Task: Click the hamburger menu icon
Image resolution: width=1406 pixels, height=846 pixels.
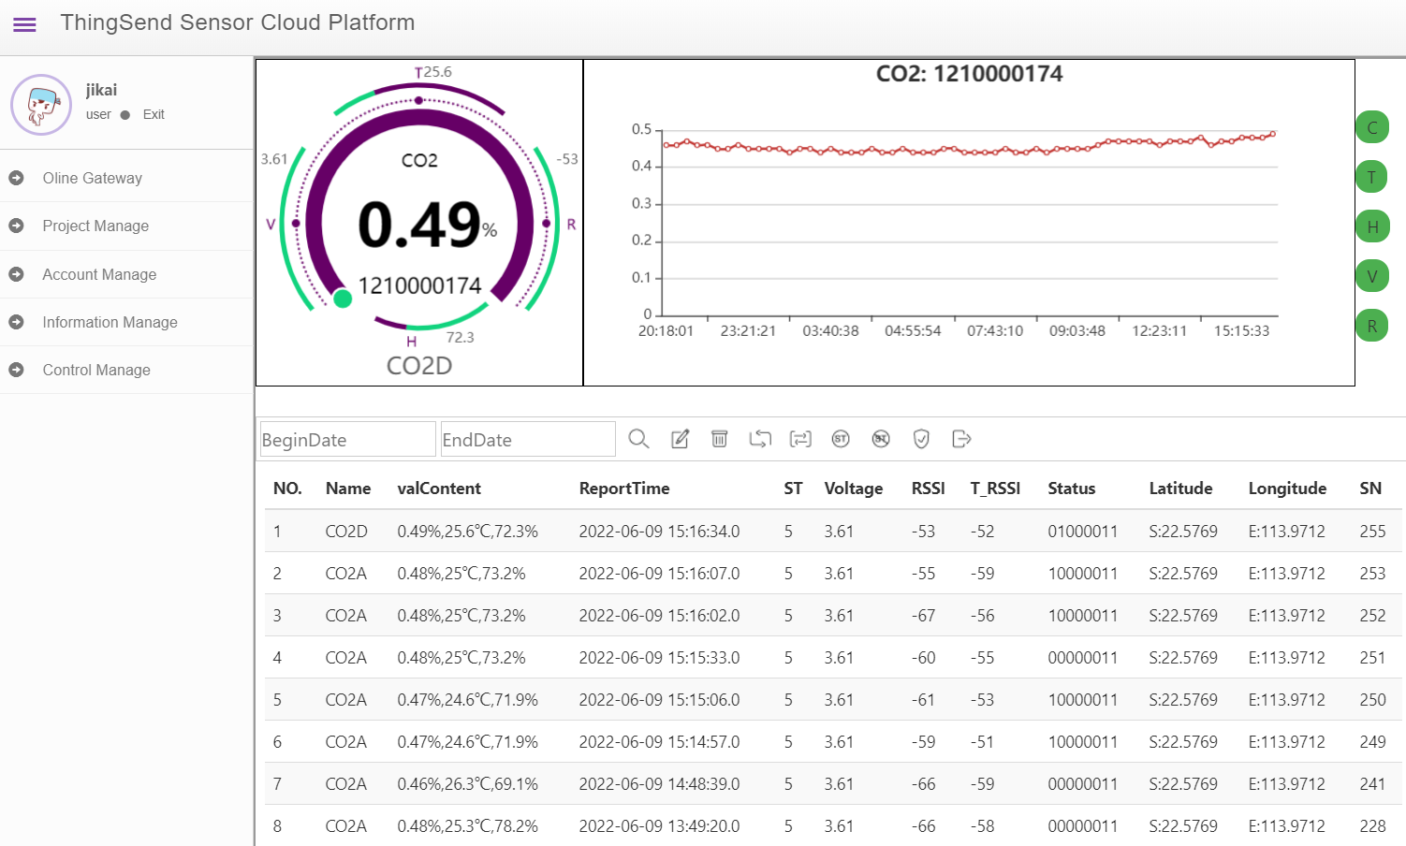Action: pos(24,24)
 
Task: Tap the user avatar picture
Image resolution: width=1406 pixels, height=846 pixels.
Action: pos(41,105)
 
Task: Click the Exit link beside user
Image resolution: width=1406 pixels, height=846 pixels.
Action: pos(154,114)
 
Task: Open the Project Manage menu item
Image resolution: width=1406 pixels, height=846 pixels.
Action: pos(95,226)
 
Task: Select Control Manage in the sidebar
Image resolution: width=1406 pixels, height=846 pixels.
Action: pos(96,371)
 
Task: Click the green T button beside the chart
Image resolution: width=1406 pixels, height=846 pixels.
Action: pos(1372,177)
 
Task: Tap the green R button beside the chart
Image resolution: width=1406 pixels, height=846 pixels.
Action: pos(1372,326)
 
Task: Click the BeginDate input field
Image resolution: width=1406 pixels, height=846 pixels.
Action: pos(347,439)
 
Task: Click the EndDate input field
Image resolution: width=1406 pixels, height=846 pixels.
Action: pos(528,439)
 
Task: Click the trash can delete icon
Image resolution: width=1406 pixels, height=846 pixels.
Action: pos(719,439)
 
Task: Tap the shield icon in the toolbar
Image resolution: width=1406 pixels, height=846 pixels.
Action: pos(921,439)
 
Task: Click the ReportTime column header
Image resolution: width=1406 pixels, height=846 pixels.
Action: pos(624,489)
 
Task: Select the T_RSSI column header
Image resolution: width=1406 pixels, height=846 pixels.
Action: pos(995,489)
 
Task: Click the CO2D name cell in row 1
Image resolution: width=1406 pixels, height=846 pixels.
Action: pos(345,532)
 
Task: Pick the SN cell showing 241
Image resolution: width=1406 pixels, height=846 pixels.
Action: pos(1372,784)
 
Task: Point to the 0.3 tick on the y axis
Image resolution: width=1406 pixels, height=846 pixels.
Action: pos(641,203)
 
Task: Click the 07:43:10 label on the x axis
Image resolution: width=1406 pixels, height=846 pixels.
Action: pos(995,330)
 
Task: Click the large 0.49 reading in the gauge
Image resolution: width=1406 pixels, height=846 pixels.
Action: pos(419,225)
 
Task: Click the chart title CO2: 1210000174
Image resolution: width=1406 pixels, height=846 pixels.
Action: pos(969,74)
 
